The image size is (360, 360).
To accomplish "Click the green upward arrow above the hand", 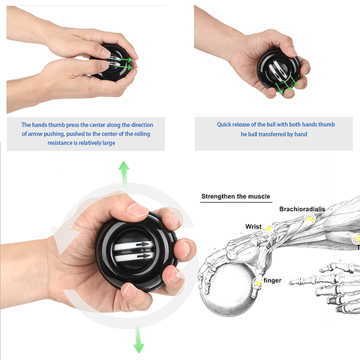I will point(124,173).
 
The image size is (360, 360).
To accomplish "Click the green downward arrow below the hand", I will point(139,339).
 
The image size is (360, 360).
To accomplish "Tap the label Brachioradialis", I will point(302,209).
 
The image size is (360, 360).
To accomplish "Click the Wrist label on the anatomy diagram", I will point(253,226).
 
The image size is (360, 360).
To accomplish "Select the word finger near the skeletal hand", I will point(272,280).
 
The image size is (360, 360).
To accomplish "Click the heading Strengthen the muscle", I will point(235,196).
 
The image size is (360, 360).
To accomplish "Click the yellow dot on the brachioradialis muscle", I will point(310,220).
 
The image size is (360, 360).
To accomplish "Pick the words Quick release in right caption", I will point(232,125).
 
